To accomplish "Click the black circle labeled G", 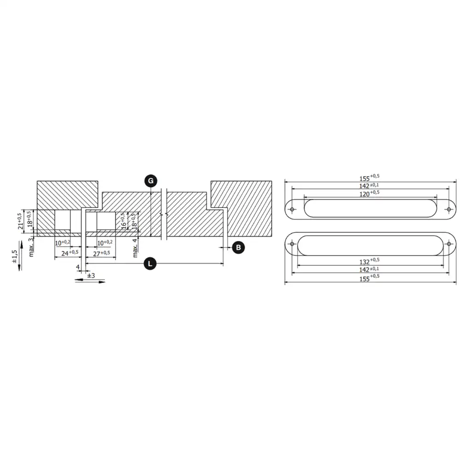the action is click(150, 181).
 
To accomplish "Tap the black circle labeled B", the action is click(238, 247).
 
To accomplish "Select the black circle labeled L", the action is click(150, 264).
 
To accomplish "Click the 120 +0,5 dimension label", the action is click(369, 193).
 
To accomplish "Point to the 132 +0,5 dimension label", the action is click(369, 261).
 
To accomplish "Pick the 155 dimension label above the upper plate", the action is click(369, 177).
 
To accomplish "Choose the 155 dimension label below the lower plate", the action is click(369, 277).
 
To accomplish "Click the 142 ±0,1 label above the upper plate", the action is click(369, 185).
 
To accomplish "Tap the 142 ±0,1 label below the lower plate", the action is click(369, 269).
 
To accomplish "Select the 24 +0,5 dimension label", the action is click(70, 253).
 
